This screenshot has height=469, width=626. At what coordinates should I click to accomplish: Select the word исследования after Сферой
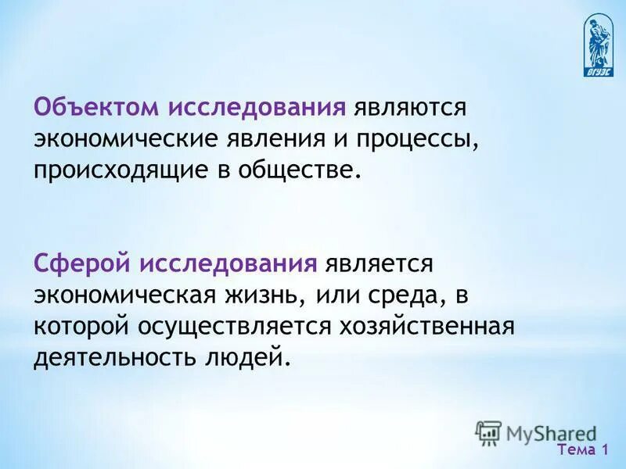[228, 263]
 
